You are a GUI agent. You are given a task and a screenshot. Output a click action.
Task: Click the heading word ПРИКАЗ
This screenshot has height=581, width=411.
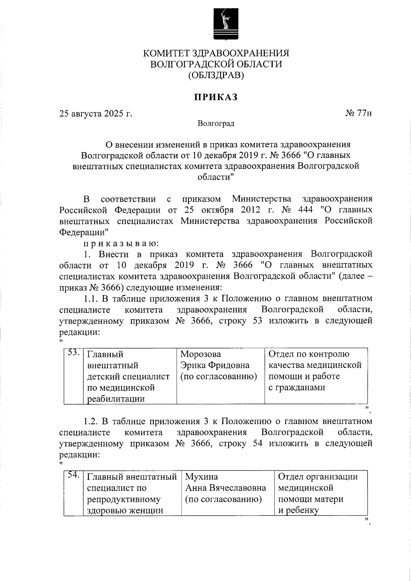point(216,97)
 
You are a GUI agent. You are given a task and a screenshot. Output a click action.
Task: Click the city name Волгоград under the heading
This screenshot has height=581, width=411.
point(216,123)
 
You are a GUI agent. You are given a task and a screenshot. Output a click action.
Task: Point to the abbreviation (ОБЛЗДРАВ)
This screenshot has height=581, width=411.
point(216,75)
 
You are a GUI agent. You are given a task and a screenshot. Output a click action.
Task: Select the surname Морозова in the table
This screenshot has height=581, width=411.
point(201,354)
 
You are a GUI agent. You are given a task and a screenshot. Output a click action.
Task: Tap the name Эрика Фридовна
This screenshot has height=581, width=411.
point(215,365)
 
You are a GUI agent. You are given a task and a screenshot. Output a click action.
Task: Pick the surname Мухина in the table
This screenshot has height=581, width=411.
point(201,477)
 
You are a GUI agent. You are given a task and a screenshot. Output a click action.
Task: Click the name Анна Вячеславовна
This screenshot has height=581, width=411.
point(225,488)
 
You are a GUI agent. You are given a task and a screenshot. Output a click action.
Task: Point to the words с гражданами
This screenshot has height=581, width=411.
point(297,387)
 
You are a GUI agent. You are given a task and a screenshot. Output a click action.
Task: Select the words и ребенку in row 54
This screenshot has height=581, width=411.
point(298,510)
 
